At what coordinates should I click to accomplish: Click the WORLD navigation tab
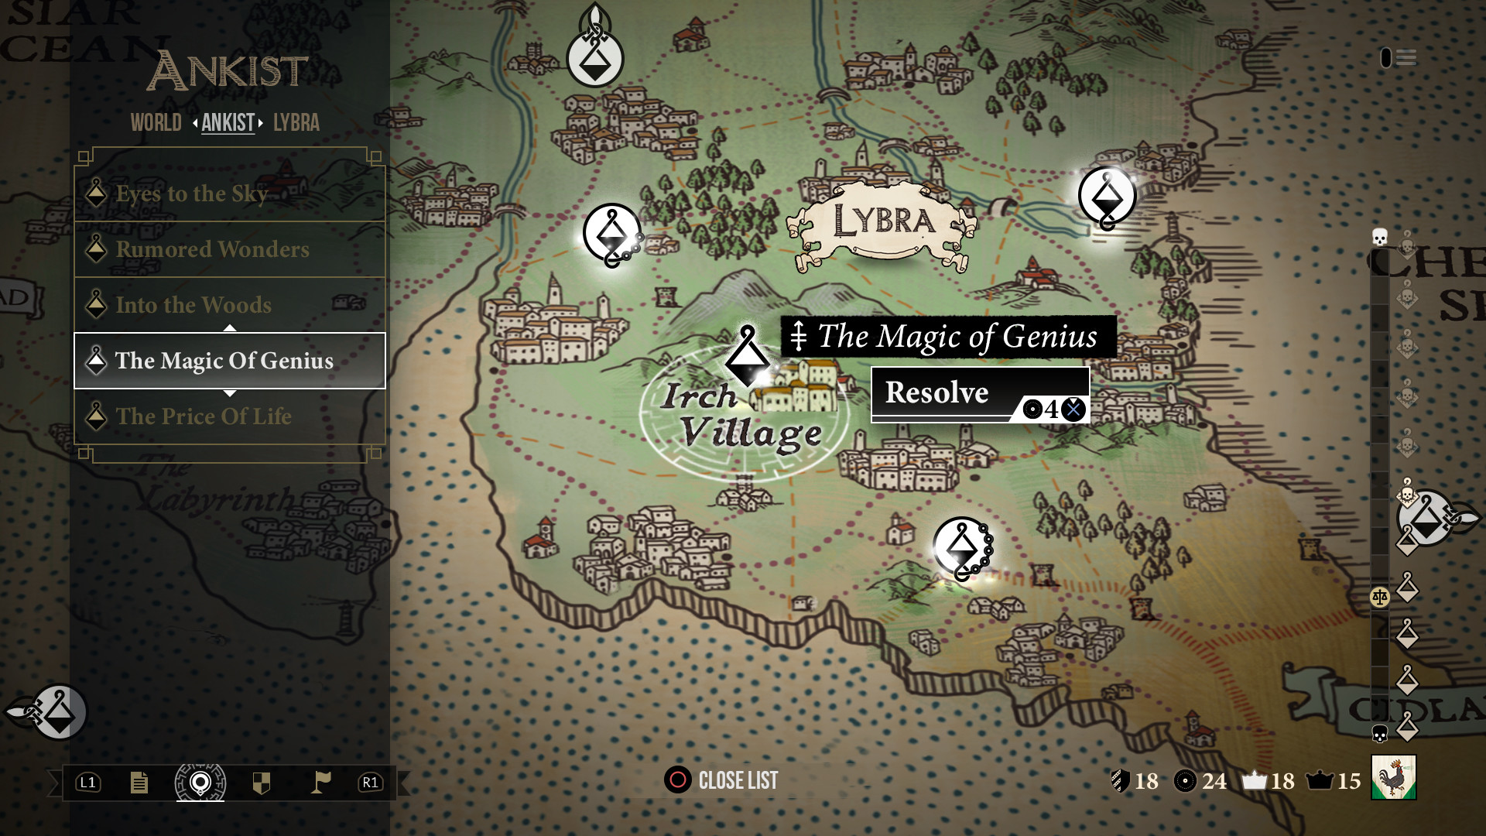[156, 123]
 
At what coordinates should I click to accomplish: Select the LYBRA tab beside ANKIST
[296, 123]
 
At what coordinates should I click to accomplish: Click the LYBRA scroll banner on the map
[883, 222]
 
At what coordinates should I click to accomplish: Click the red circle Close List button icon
[677, 779]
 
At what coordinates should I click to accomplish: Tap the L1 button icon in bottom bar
[88, 783]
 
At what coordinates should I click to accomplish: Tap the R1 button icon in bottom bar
[370, 783]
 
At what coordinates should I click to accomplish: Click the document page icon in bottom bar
[139, 783]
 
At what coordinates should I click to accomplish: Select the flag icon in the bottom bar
[320, 783]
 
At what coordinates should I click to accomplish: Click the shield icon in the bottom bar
[262, 783]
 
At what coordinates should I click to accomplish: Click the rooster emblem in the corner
[1393, 777]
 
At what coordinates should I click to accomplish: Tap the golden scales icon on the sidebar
[1379, 597]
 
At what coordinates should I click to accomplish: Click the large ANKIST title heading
[228, 71]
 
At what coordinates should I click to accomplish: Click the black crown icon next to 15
[1319, 780]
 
